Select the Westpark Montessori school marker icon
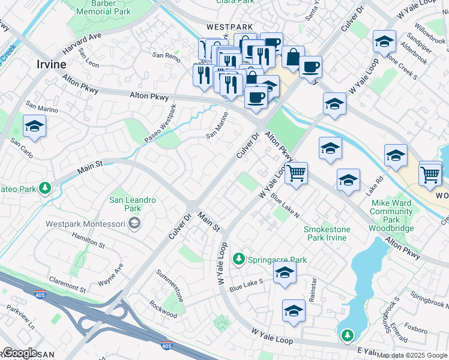(x=135, y=224)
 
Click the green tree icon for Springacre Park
(x=239, y=259)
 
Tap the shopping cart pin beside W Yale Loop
(x=296, y=174)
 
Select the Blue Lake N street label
(x=285, y=206)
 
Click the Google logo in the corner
(x=20, y=353)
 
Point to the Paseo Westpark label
(x=160, y=124)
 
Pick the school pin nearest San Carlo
(x=34, y=127)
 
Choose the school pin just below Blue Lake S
(x=284, y=274)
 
